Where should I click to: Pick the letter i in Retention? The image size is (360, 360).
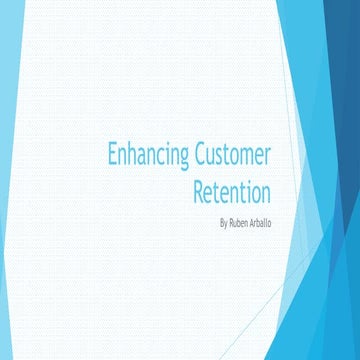(x=247, y=190)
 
